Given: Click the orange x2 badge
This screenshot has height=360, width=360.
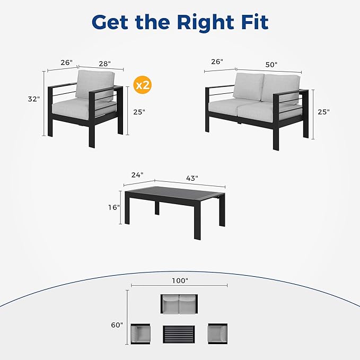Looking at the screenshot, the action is pos(143,85).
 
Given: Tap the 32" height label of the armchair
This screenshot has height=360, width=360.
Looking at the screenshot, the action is pos(34,99).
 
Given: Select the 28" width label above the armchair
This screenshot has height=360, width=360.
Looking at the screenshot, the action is pos(104,64).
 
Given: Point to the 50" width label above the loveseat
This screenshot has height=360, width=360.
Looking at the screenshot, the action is pos(271,65).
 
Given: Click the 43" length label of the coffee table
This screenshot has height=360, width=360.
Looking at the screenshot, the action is pos(192,178).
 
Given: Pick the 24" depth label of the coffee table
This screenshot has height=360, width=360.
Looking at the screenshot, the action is pos(137,175).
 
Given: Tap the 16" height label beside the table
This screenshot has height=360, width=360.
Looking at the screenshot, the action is pos(114,207).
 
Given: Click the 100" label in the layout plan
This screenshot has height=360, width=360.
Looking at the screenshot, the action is pos(180,280).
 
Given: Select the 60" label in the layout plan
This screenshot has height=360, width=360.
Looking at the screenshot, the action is pos(117,325).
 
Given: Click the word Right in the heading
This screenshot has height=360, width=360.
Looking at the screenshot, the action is pos(206,22).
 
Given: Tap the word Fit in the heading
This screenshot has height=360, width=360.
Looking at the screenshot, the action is pos(255,22).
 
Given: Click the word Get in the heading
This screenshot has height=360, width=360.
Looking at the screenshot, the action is pos(110,22).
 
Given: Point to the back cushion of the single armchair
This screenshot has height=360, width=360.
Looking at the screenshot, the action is pos(94,84).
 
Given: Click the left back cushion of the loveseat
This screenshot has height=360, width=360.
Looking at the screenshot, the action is pos(249,87).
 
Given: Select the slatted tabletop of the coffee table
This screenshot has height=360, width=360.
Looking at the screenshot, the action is pos(174,193).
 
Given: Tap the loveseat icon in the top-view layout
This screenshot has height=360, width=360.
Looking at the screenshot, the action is pos(179,304).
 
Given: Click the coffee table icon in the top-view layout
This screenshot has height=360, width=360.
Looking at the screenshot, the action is pos(179,335).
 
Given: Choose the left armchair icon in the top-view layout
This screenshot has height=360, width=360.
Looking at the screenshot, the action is pos(141,334).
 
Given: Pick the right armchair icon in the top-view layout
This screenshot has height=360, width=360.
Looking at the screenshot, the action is pos(218,333).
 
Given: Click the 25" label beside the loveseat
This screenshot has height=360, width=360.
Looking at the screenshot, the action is pos(324,112).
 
